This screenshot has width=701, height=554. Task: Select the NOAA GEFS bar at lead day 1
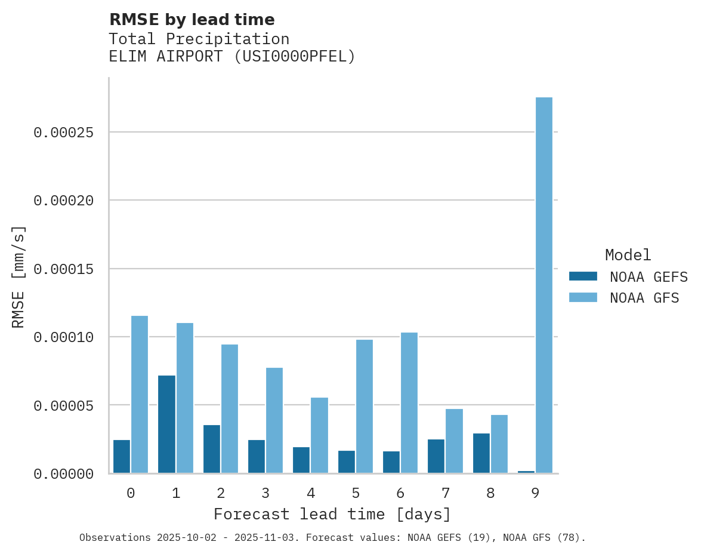[x=166, y=424]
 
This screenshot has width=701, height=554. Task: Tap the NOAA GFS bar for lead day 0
[x=140, y=395]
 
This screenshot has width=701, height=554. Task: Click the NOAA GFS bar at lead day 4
[x=319, y=435]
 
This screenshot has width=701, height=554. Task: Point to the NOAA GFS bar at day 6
[x=409, y=403]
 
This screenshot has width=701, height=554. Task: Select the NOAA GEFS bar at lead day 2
[x=212, y=449]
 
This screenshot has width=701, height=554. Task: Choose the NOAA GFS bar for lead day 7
[x=454, y=441]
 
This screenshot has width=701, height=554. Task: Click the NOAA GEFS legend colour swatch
[x=583, y=276]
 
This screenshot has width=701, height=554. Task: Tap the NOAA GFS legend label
[x=644, y=298]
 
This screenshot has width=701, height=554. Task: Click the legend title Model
[x=628, y=255]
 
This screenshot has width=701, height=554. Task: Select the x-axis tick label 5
[x=356, y=493]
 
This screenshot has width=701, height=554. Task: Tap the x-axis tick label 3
[x=265, y=493]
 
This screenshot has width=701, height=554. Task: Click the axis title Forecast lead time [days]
[x=332, y=514]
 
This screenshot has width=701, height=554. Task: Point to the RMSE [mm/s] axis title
[x=18, y=276]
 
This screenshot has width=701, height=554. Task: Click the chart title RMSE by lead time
[x=192, y=20]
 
